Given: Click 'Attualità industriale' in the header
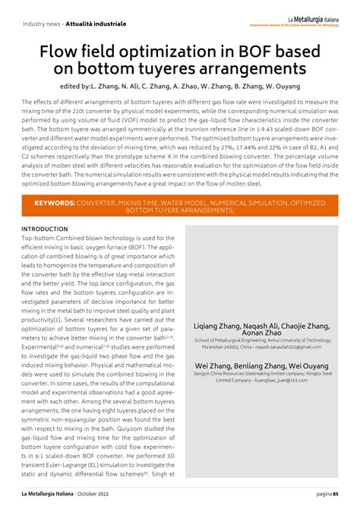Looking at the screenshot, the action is [x=98, y=24].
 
